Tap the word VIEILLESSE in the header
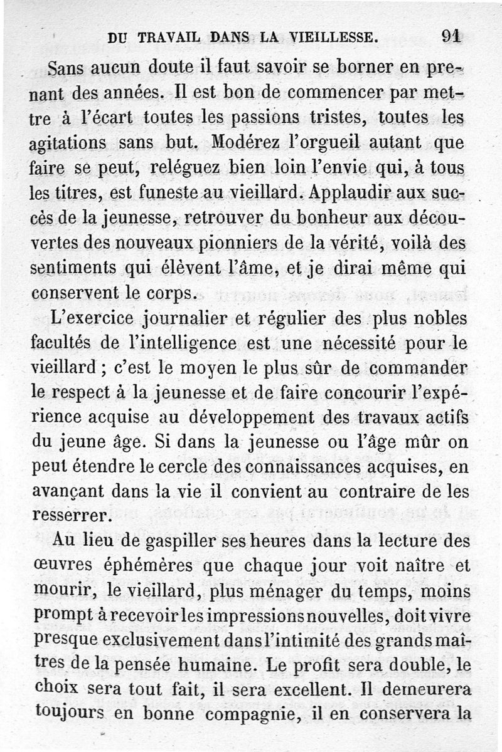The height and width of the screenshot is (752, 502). coord(331,37)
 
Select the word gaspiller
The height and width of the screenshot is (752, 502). coord(164,540)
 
